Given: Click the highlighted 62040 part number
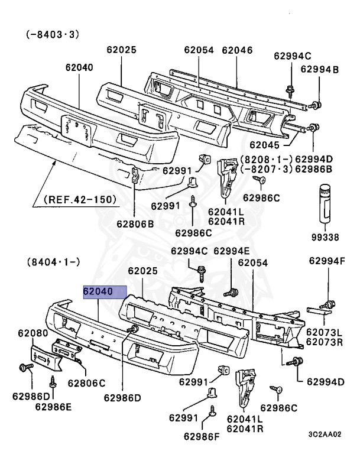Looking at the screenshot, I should coord(104,292).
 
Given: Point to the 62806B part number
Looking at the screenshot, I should coord(135,224).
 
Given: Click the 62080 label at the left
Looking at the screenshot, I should coord(33,333).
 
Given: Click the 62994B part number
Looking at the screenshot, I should coord(320,70).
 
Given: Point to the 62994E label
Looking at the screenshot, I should coord(232,251).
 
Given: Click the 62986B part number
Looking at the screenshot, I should coord(314,169).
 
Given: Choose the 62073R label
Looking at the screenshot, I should coord(325,342).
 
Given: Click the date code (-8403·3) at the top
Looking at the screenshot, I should coord(53,34).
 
